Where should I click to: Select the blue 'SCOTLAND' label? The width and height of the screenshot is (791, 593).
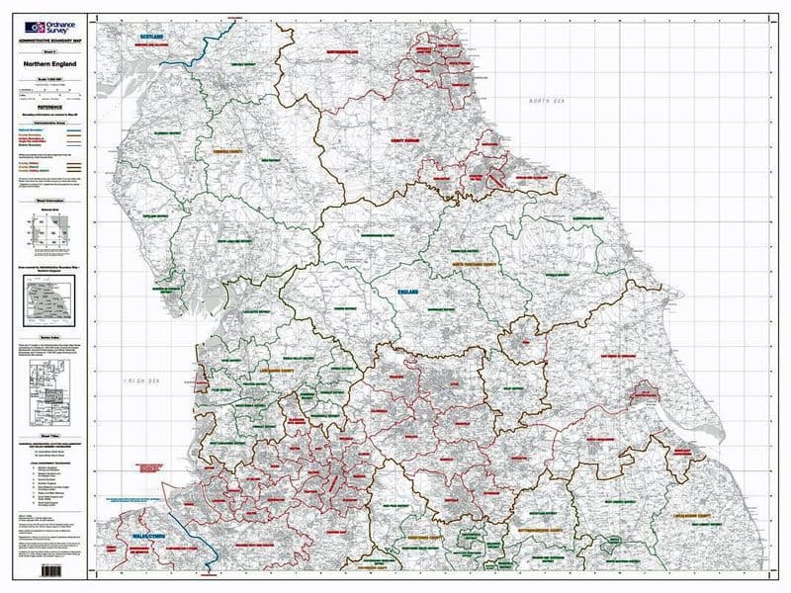click(150, 35)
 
